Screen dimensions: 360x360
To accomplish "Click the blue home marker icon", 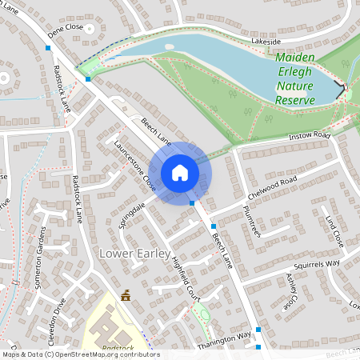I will pos(180,172).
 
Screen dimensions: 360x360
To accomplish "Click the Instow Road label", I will pos(311,136).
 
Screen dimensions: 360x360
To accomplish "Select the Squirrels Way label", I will pos(316,262).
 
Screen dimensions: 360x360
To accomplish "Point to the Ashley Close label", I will pos(291,290).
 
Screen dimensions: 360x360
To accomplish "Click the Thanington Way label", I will pos(225,338).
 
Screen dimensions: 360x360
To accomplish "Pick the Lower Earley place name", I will pos(134,254).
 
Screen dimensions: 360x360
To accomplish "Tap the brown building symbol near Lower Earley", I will pos(126,296).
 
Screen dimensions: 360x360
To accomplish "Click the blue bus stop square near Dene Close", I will pos(48,49).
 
